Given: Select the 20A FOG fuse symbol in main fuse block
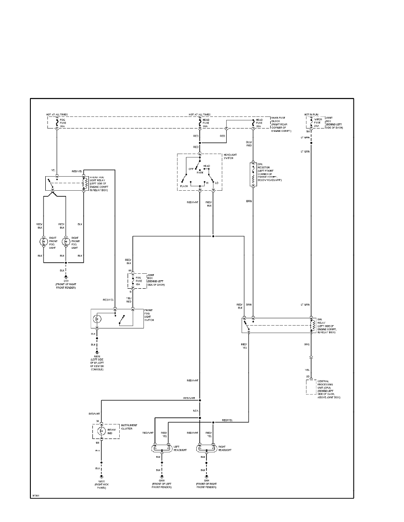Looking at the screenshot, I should tap(57, 122).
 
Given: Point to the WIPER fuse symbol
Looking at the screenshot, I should tap(311, 122).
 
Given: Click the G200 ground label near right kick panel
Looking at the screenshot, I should tap(101, 482).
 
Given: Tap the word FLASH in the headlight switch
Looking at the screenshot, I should tap(184, 186).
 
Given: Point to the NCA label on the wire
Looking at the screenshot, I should tap(196, 411).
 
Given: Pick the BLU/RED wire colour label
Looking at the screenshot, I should tap(249, 144).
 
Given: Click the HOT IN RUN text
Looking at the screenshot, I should tap(311, 114).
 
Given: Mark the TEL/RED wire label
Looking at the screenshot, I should tap(129, 300).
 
